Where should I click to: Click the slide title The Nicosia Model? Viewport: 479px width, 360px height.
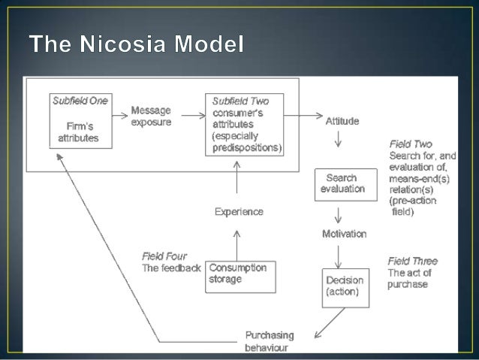(137, 44)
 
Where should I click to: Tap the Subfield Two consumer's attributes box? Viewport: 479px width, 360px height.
(246, 125)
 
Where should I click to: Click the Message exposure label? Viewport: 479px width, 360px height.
(151, 115)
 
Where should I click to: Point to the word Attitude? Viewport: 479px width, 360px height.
(342, 120)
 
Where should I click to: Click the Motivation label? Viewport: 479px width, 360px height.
(344, 234)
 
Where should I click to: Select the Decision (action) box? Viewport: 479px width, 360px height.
(345, 286)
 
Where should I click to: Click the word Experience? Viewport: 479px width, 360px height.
(239, 212)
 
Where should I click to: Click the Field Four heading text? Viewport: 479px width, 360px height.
(164, 256)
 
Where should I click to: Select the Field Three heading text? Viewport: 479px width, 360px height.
(412, 261)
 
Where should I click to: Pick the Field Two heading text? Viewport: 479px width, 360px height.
(411, 144)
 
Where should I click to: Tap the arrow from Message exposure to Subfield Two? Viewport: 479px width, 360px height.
(192, 115)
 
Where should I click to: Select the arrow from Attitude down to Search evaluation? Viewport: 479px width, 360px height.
(339, 140)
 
